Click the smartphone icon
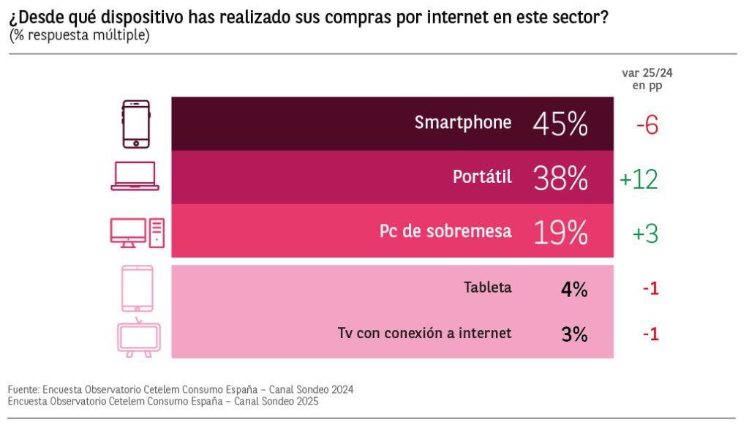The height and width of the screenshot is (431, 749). [135, 124]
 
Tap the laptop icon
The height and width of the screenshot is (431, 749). [135, 176]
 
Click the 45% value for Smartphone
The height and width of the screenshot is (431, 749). [560, 124]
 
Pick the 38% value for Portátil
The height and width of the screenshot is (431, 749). [560, 178]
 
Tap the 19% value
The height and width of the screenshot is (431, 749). [560, 233]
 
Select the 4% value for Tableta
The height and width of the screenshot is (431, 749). [574, 289]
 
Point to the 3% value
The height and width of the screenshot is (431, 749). [574, 334]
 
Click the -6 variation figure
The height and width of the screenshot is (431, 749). [647, 125]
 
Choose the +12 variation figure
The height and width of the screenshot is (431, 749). [639, 179]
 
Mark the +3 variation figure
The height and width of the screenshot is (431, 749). [645, 233]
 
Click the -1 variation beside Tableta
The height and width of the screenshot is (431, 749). [650, 289]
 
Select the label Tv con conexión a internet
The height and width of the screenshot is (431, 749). [424, 333]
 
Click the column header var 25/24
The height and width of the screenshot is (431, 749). [647, 72]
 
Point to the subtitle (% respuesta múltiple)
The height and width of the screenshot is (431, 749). [80, 35]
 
